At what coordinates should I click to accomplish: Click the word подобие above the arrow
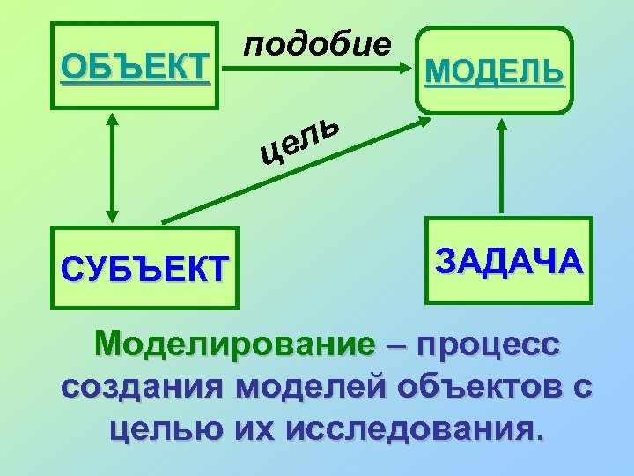[316, 43]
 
